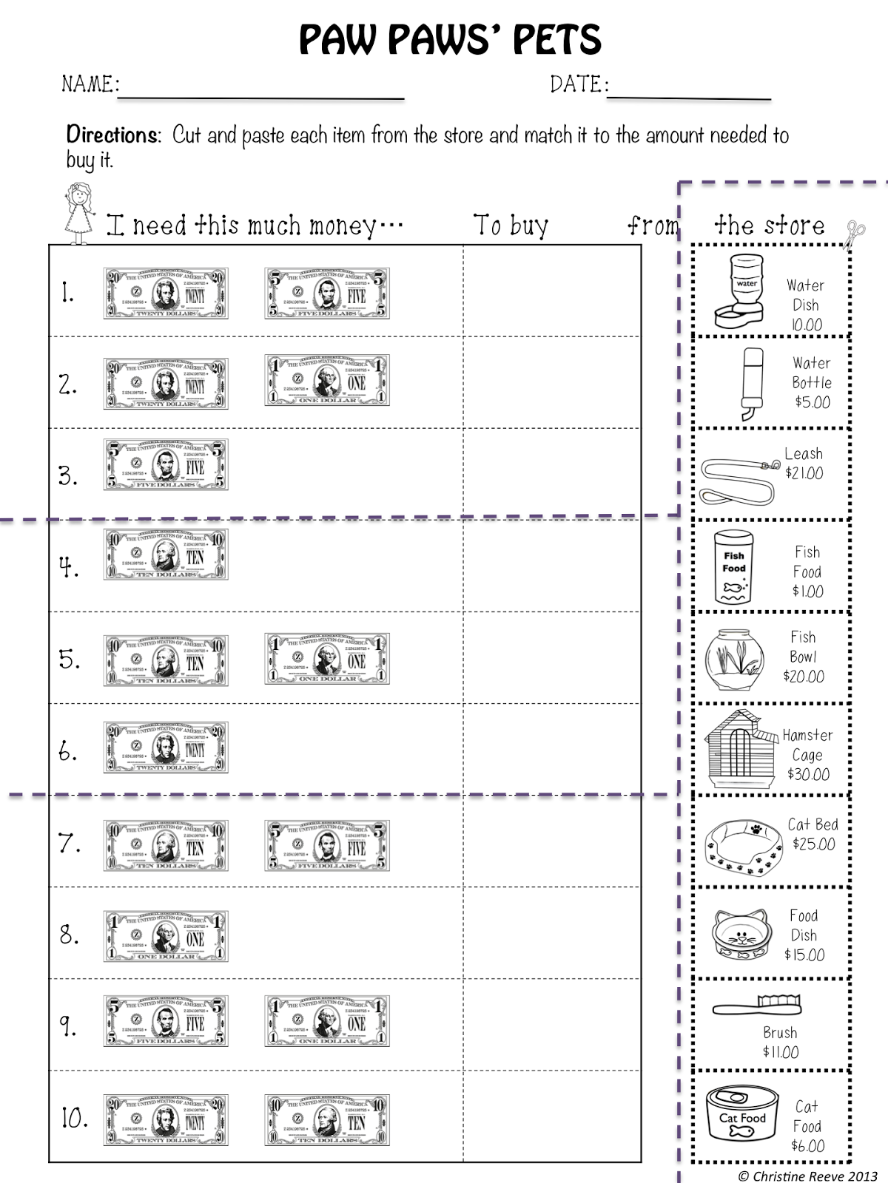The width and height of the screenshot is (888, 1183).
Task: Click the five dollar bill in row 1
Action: [327, 294]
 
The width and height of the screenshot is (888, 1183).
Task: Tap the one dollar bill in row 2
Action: [327, 380]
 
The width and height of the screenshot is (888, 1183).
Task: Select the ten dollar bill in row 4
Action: [166, 555]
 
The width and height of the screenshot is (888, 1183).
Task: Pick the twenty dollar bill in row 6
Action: [166, 748]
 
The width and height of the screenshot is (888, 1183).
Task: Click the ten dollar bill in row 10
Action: [327, 1119]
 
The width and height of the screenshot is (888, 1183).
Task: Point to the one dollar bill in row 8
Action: [166, 935]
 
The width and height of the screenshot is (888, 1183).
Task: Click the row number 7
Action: [69, 843]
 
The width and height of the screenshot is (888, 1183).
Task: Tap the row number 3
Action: [68, 475]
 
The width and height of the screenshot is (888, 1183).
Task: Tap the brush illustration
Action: [757, 1006]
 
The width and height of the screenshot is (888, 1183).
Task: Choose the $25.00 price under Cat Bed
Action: [813, 844]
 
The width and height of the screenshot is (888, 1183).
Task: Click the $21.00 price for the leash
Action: [804, 473]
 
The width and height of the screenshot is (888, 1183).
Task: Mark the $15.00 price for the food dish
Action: [804, 955]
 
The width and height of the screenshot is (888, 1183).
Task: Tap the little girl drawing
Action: [77, 209]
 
